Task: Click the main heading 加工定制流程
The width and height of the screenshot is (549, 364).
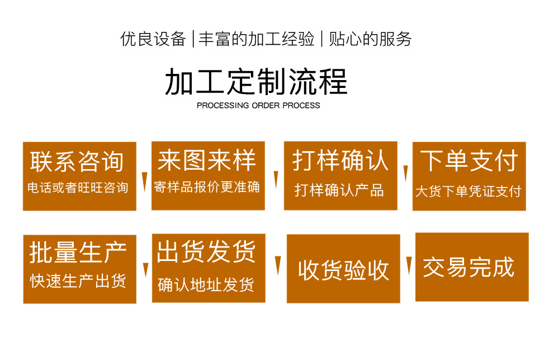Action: tap(256, 82)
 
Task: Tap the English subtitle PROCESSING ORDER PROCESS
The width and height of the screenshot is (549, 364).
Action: tap(258, 105)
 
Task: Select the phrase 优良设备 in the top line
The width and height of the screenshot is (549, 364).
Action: tap(153, 39)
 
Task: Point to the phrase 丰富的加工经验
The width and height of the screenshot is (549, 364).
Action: tap(257, 39)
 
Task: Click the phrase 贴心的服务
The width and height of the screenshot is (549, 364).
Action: tap(370, 39)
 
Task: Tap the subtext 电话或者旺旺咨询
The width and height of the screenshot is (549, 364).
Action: tap(78, 188)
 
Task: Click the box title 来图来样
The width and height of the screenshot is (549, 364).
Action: tap(207, 160)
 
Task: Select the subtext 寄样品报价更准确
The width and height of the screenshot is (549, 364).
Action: tap(207, 186)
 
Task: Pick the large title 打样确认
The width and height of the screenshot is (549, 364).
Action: tap(340, 161)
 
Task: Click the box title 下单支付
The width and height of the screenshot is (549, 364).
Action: tap(468, 161)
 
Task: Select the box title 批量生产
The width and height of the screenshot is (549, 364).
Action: tap(78, 253)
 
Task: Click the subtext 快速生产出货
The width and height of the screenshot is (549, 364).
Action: tap(78, 281)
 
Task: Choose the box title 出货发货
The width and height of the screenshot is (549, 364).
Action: tap(206, 252)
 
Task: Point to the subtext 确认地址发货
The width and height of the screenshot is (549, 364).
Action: tap(206, 284)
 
